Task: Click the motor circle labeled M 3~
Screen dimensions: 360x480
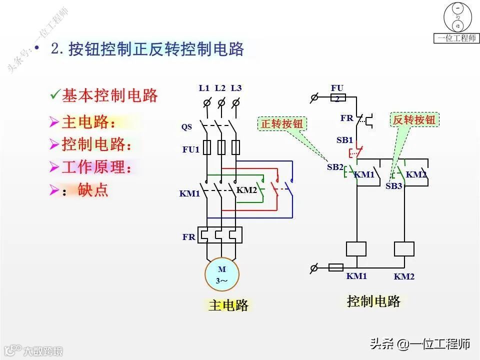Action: point(221,274)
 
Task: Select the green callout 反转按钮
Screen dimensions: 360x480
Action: point(414,119)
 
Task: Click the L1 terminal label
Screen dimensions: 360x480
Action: point(204,88)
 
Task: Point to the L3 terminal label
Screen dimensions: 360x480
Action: point(236,88)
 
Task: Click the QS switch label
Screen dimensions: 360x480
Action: point(186,127)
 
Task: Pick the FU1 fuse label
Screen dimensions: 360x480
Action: point(190,149)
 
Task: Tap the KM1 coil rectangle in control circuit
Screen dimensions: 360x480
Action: point(356,249)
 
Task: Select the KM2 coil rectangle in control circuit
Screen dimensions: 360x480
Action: point(404,249)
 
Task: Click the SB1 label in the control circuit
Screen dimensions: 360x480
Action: point(344,140)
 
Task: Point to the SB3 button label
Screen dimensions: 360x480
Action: point(394,186)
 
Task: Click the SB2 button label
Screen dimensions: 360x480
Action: point(335,167)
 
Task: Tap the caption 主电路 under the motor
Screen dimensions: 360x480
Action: point(228,304)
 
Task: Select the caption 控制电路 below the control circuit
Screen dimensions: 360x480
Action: point(373,301)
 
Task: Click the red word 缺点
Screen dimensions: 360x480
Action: point(93,190)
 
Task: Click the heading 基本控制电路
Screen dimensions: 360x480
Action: point(109,95)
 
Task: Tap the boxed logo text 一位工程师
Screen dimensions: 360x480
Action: point(457,38)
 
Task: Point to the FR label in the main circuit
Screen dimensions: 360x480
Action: point(188,237)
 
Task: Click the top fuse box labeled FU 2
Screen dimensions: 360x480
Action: point(337,97)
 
